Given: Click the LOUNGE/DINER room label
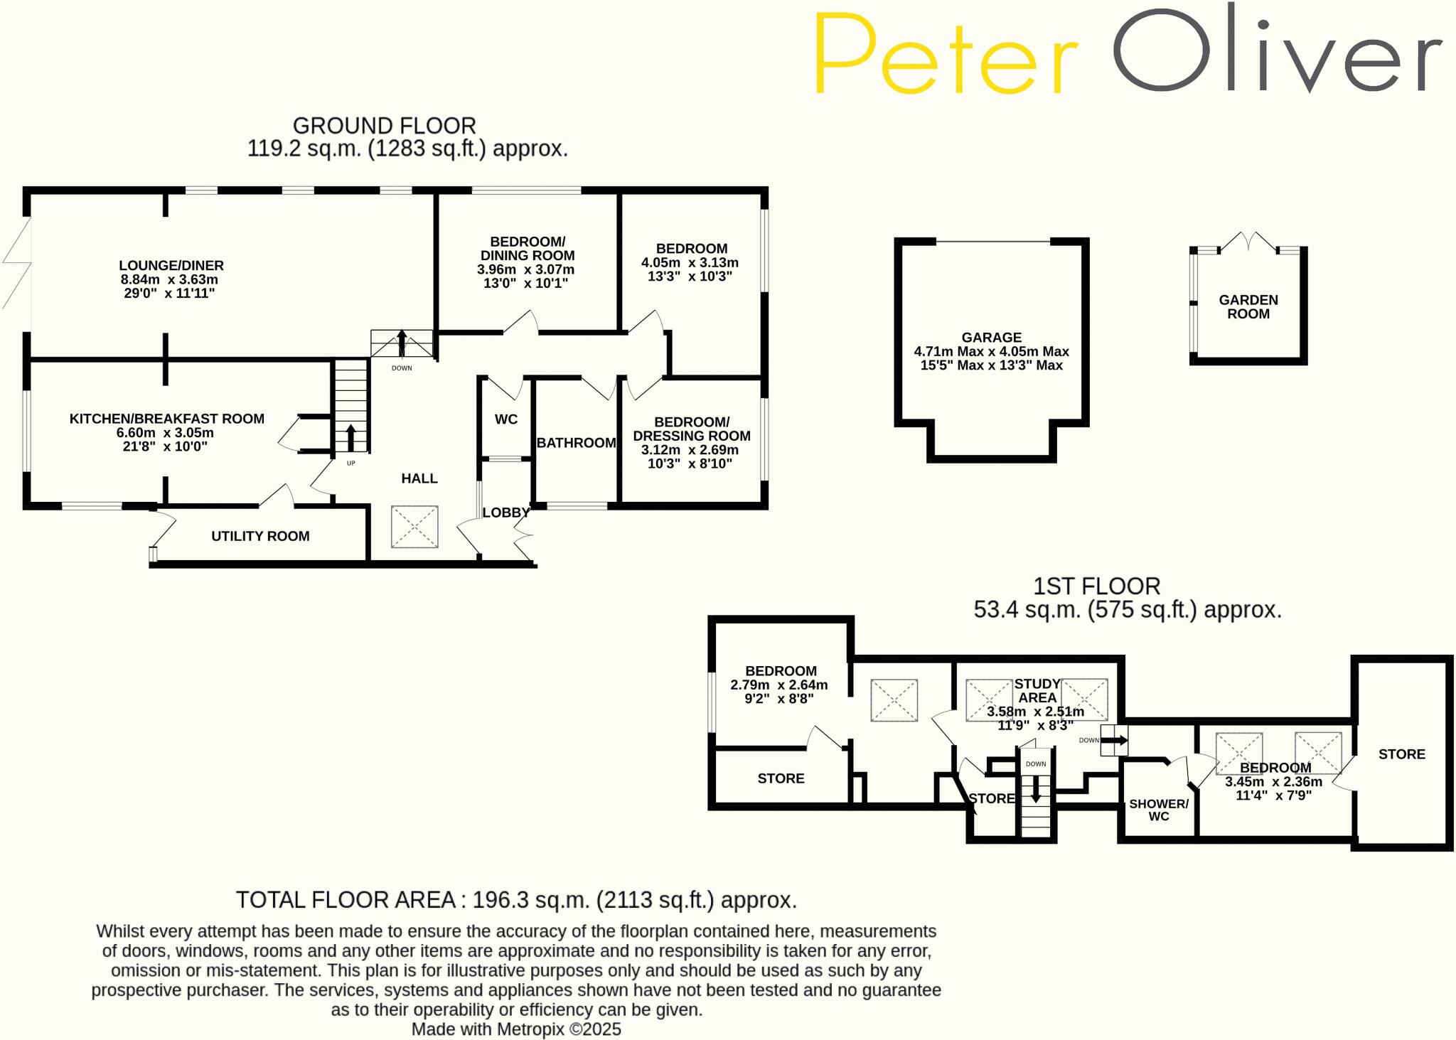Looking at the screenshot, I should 171,266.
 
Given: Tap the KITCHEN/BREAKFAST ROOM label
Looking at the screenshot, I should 166,419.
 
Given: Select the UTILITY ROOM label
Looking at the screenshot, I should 260,537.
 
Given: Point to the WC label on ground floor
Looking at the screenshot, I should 506,419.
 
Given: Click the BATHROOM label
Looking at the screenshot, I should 576,443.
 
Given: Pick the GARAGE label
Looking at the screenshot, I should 991,338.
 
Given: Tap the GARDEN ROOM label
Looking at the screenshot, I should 1248,307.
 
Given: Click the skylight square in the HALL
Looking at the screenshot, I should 414,527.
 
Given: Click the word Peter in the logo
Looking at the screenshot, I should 946,53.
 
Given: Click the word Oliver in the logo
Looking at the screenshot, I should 1276,50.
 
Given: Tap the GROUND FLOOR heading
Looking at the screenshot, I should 384,126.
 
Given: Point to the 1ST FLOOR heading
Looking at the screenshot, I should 1096,586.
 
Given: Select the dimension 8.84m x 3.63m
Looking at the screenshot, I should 169,279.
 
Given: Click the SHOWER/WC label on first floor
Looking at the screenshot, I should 1159,810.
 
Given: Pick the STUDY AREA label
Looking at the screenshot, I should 1037,691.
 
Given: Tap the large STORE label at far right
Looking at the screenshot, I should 1401,754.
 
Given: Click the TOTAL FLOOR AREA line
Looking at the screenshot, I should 516,900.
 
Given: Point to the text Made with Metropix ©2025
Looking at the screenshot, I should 516,1029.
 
